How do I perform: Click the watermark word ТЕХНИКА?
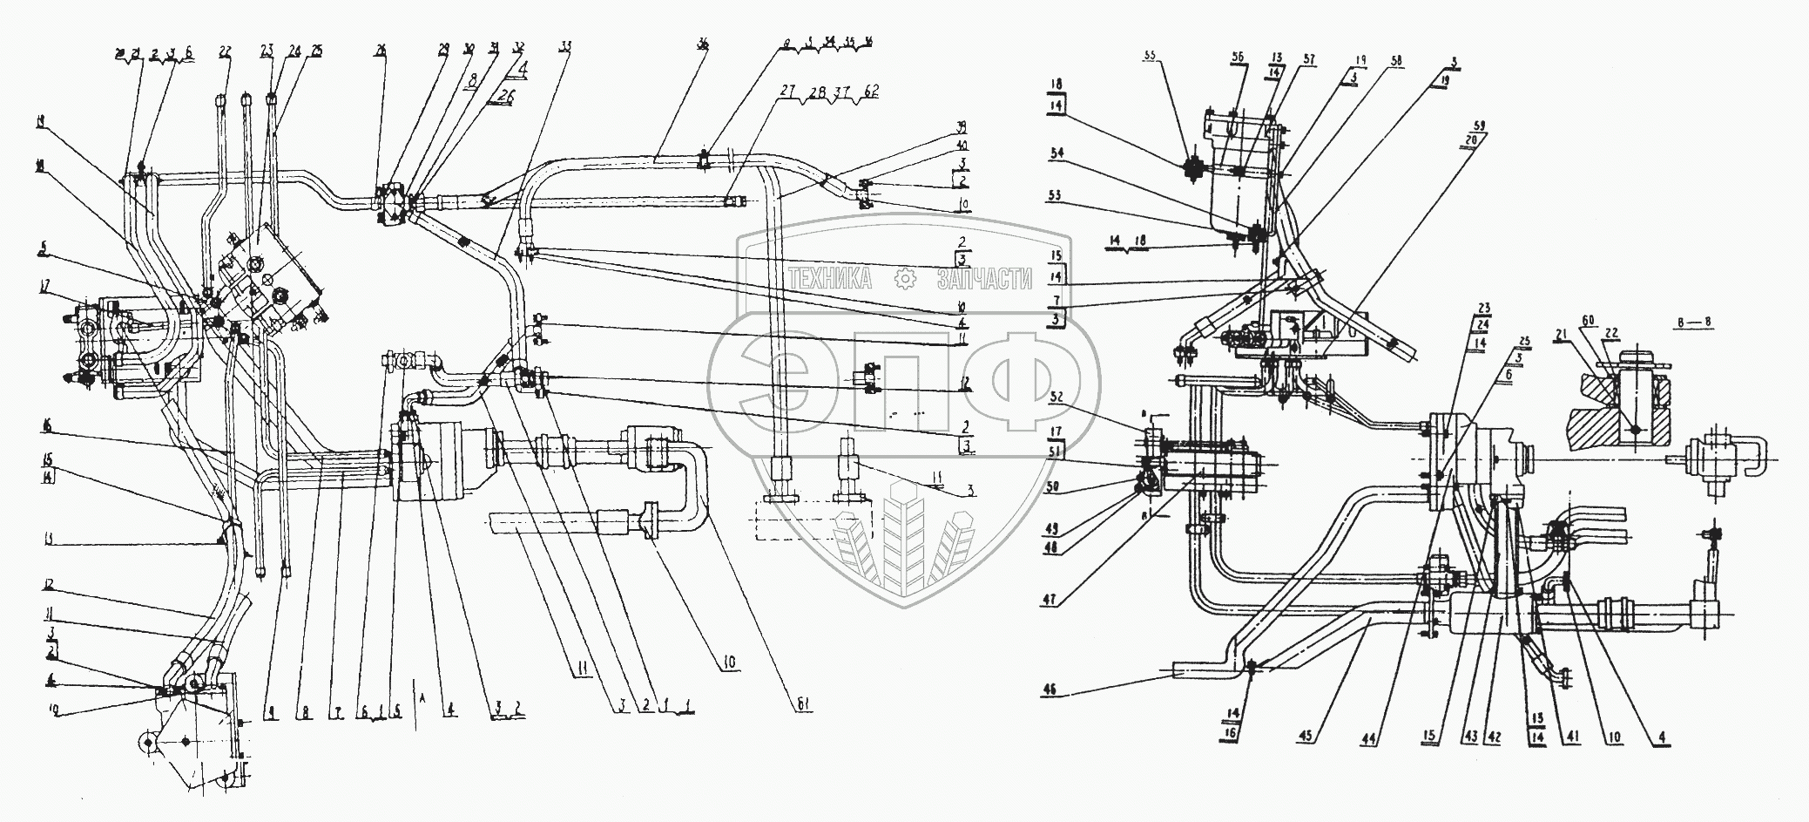(x=832, y=279)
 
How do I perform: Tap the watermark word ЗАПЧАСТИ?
(x=983, y=279)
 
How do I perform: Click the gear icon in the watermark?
(x=906, y=278)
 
